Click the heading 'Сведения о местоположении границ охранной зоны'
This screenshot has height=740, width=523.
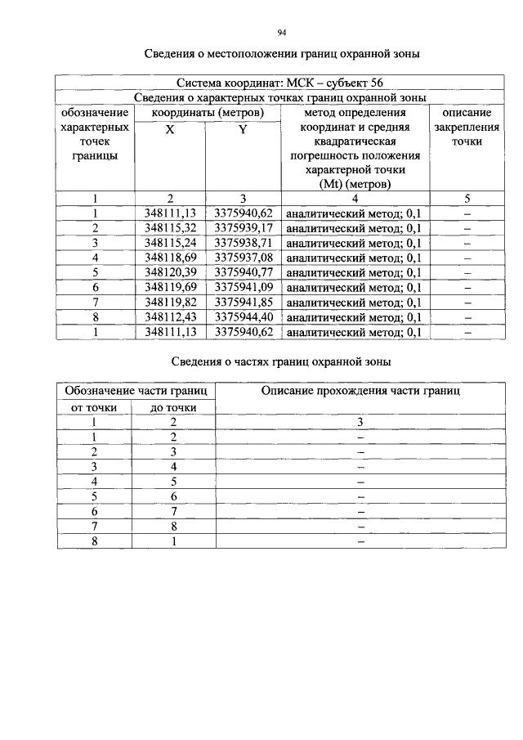[x=282, y=55]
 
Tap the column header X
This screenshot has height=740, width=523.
[x=169, y=130]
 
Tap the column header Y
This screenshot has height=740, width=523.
[x=243, y=130]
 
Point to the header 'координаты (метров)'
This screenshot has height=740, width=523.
[x=208, y=112]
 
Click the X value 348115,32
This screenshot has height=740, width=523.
[x=169, y=227]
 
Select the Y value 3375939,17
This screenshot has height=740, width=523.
[x=244, y=227]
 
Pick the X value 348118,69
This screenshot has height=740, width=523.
[x=169, y=258]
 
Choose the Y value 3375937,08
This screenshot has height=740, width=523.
[x=244, y=258]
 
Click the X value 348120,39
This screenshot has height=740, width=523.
[x=169, y=272]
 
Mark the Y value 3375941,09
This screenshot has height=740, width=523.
[x=244, y=287]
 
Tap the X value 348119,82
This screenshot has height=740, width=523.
[x=169, y=302]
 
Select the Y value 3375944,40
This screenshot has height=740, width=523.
[x=244, y=316]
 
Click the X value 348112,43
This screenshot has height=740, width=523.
[x=169, y=316]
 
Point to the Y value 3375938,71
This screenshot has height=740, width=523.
[x=244, y=243]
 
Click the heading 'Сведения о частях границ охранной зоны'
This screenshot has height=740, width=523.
[x=281, y=361]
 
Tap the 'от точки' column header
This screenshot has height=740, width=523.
[x=95, y=407]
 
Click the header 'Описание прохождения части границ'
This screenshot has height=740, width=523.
[x=360, y=392]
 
